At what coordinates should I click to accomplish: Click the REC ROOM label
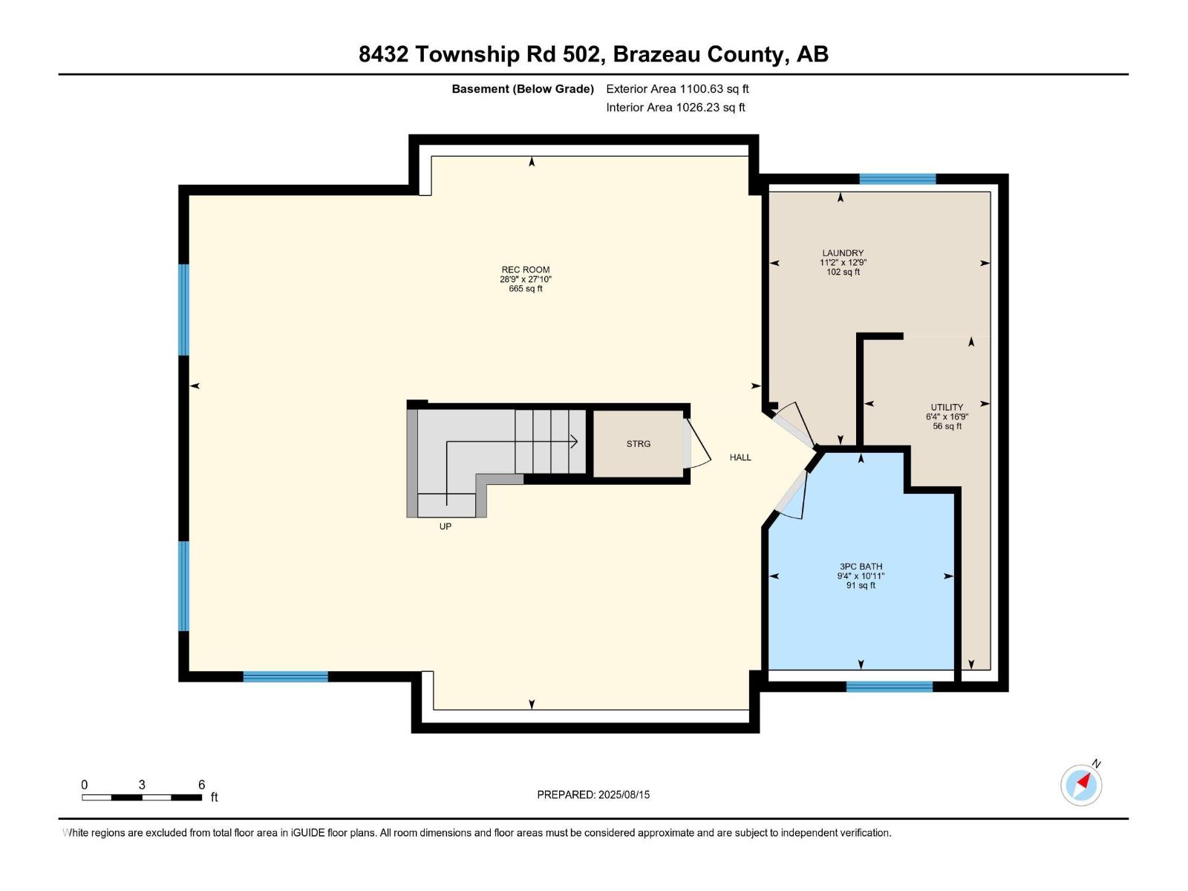point(525,270)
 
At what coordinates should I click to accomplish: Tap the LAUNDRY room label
point(843,253)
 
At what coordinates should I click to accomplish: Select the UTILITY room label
point(947,408)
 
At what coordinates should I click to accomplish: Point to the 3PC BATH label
point(861,567)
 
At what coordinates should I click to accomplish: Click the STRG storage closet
point(638,444)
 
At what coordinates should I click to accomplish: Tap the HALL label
point(740,457)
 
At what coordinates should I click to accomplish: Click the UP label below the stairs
point(446,526)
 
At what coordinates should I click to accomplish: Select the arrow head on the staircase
point(574,442)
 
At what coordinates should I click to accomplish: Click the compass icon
point(1081,785)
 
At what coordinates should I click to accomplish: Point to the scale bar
point(142,797)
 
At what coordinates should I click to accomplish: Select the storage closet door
point(695,444)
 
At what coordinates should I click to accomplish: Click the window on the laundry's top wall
point(897,179)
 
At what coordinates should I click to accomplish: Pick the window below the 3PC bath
point(889,687)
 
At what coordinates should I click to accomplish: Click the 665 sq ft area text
point(525,289)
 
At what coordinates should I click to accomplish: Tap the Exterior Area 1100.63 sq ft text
point(677,89)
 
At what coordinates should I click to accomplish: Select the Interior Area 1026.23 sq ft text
point(675,108)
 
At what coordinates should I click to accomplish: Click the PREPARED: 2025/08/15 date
point(593,794)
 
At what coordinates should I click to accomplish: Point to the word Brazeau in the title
point(656,54)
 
